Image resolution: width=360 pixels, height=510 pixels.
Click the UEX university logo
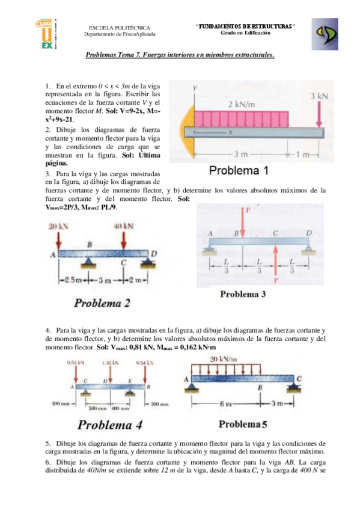46,32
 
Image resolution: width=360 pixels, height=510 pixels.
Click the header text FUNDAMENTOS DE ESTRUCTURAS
245,26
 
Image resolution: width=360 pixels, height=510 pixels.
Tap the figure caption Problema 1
239,170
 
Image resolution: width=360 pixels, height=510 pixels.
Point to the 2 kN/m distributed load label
242,104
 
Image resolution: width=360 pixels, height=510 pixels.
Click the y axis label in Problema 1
195,88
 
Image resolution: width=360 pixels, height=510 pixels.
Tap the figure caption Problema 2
102,303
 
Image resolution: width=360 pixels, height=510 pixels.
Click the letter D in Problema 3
308,233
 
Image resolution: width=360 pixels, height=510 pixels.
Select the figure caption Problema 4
109,425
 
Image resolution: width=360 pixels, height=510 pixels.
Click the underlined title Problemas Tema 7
180,55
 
